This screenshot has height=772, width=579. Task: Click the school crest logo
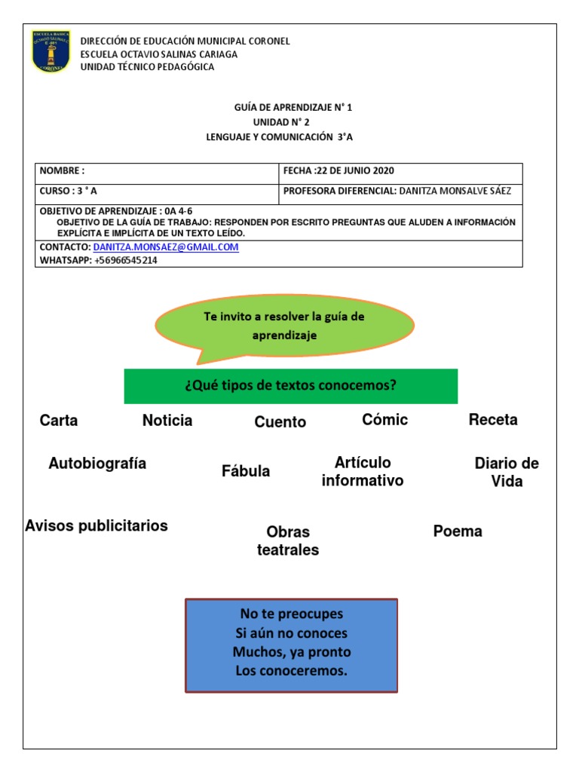pyautogui.click(x=51, y=52)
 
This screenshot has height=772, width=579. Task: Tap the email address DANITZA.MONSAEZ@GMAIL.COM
pyautogui.click(x=166, y=247)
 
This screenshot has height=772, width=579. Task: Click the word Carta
pyautogui.click(x=59, y=421)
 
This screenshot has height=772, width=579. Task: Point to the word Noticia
pyautogui.click(x=167, y=421)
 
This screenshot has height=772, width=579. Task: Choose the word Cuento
pyautogui.click(x=280, y=422)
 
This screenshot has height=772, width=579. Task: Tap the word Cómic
pyautogui.click(x=384, y=420)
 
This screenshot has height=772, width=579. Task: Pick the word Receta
pyautogui.click(x=493, y=420)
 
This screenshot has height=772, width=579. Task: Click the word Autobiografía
pyautogui.click(x=97, y=464)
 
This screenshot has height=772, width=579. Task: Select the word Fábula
pyautogui.click(x=246, y=472)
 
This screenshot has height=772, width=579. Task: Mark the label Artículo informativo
pyautogui.click(x=363, y=472)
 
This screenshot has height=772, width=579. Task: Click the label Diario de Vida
pyautogui.click(x=507, y=472)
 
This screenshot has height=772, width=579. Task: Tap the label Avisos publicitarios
pyautogui.click(x=96, y=525)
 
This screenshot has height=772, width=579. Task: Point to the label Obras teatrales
pyautogui.click(x=288, y=541)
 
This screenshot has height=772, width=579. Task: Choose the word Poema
pyautogui.click(x=458, y=532)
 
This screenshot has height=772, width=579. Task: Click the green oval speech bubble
pyautogui.click(x=284, y=325)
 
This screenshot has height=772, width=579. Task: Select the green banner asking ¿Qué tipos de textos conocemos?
pyautogui.click(x=291, y=386)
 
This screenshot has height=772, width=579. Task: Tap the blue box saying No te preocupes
pyautogui.click(x=291, y=645)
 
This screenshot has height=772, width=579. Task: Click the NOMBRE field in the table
pyautogui.click(x=157, y=171)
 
